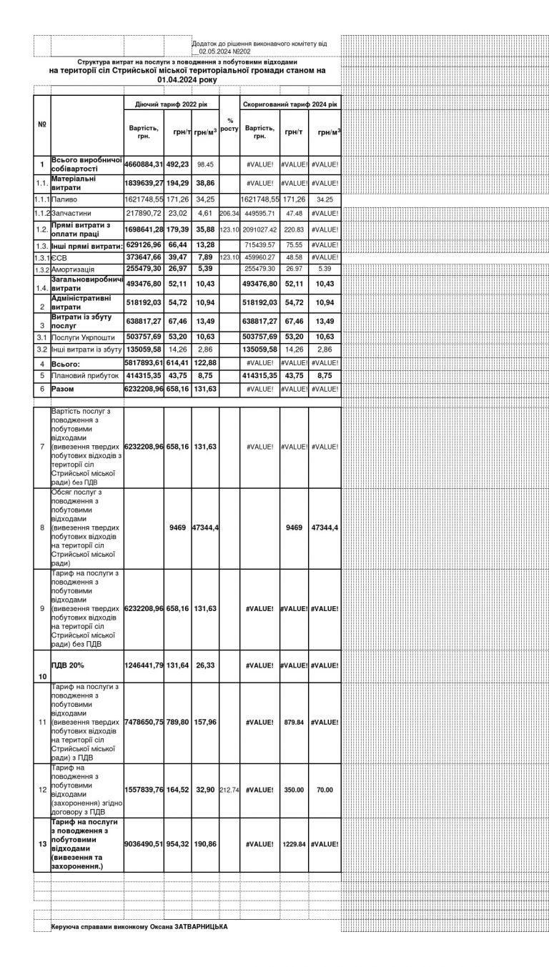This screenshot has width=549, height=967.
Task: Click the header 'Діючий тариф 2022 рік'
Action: point(171,104)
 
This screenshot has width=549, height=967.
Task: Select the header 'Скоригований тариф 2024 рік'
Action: point(290,104)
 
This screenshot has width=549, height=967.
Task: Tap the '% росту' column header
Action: point(229,124)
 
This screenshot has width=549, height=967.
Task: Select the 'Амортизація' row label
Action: point(74,269)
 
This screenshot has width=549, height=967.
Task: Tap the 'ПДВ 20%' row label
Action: point(67,665)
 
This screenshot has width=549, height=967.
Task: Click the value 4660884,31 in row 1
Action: point(144,164)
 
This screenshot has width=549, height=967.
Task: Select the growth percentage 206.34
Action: point(229,214)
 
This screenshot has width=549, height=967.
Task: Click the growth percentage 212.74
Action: point(229,791)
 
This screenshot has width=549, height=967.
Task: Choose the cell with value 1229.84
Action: point(294,844)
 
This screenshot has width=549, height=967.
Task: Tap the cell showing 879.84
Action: point(294,723)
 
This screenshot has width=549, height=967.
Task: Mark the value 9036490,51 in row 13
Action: point(144,844)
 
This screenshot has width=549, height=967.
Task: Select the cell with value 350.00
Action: point(294,791)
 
